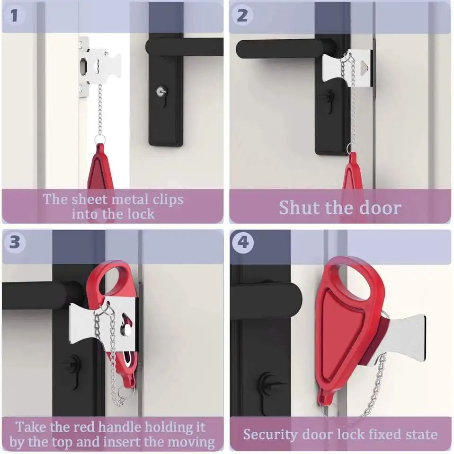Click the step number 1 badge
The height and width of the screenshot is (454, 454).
click(x=15, y=15)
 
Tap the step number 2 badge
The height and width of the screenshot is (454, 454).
click(x=242, y=15)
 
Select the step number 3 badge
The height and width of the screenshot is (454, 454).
click(x=15, y=242)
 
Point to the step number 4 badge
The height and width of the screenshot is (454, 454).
click(x=243, y=242)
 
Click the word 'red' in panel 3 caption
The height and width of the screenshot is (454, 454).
click(x=85, y=427)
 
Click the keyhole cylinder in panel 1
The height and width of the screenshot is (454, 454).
click(x=161, y=91)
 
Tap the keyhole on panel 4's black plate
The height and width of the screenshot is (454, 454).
click(x=268, y=384)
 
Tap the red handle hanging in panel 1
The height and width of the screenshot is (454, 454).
click(x=100, y=168)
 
